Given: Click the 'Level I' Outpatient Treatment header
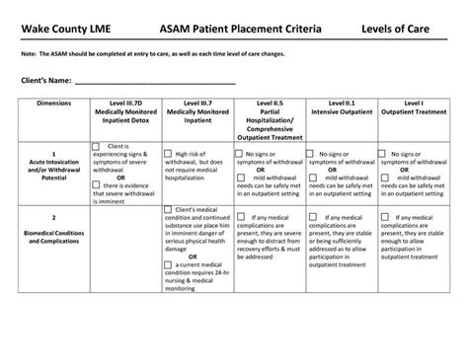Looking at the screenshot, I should [415, 108].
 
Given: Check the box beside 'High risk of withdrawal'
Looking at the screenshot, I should [169, 153].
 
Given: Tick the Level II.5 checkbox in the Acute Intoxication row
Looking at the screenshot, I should [241, 153].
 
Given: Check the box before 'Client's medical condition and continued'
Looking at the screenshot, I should [168, 209].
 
